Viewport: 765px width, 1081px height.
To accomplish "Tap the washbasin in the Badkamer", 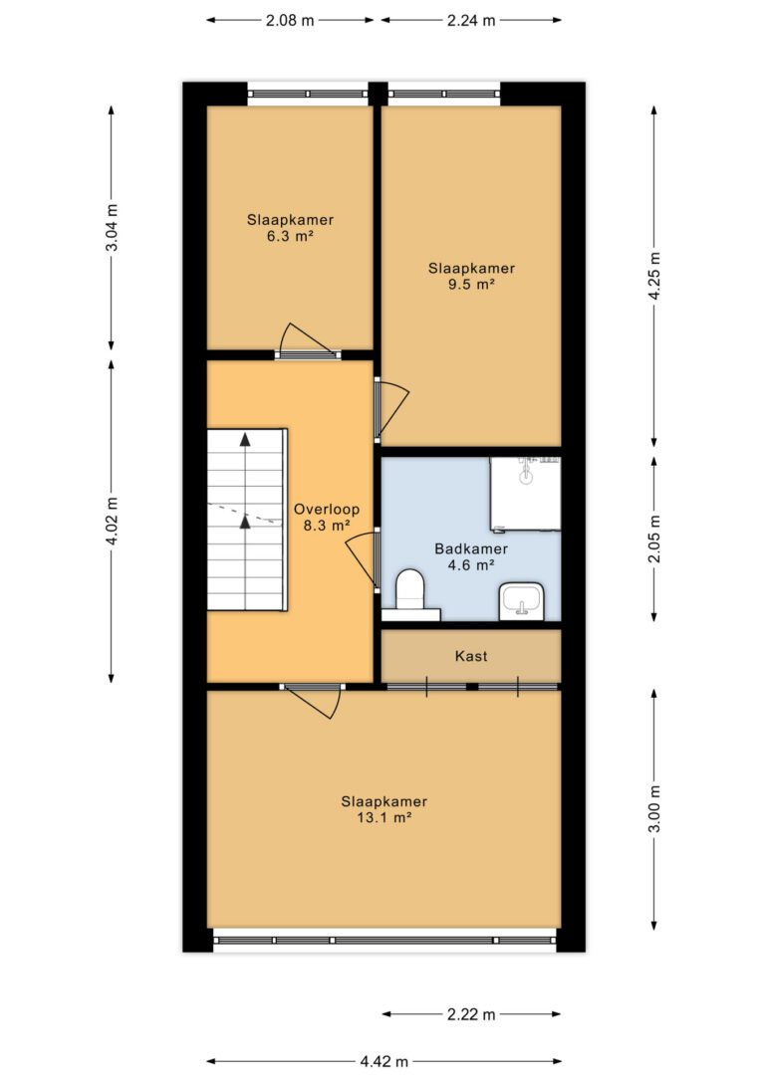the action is click(x=522, y=600).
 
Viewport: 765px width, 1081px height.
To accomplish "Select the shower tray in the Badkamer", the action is click(x=525, y=494).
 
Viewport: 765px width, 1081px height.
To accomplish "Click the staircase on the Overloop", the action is click(x=247, y=520).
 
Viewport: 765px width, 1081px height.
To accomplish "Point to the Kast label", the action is click(x=471, y=656).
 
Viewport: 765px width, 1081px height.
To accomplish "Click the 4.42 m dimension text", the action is click(x=384, y=1061).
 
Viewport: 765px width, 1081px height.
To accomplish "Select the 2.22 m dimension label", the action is click(x=471, y=1014).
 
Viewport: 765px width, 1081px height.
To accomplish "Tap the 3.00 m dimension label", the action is click(x=654, y=808).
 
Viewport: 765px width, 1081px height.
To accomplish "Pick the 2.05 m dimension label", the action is click(x=654, y=539).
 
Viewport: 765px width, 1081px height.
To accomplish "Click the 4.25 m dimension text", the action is click(x=654, y=276).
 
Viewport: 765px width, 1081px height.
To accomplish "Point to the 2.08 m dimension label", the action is click(x=290, y=20).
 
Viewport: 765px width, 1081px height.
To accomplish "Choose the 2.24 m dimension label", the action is click(x=471, y=20).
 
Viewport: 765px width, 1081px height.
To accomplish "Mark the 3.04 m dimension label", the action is click(x=112, y=228).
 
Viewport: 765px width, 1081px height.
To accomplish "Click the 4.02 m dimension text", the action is click(x=112, y=522).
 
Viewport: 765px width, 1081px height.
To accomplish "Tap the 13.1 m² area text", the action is click(x=383, y=818).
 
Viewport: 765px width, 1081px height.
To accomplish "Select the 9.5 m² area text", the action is click(x=471, y=285).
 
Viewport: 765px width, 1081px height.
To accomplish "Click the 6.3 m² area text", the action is click(x=291, y=237).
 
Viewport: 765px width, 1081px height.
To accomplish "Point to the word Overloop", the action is click(x=327, y=510).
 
